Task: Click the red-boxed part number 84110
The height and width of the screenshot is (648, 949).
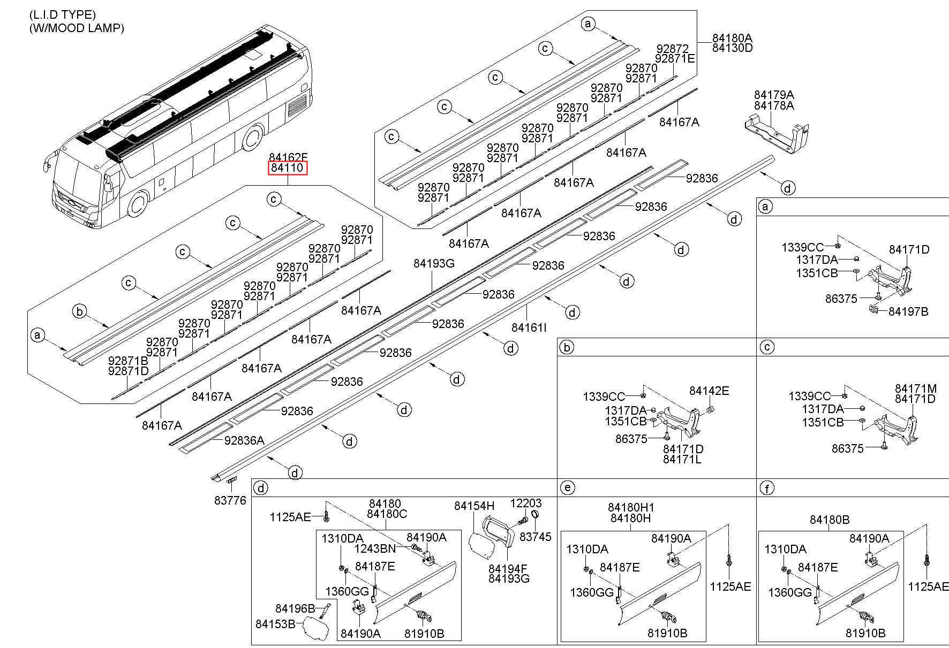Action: tap(288, 168)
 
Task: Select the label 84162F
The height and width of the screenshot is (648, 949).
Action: tap(288, 157)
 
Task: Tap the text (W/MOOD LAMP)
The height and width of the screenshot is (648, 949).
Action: tap(77, 28)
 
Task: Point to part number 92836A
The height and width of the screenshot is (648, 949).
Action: tap(244, 440)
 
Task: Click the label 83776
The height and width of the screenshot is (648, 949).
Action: tap(230, 500)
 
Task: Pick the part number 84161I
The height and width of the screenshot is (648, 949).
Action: tap(529, 327)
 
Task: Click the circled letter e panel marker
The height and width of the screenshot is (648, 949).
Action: tap(567, 487)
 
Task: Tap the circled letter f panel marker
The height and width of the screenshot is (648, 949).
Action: tap(767, 487)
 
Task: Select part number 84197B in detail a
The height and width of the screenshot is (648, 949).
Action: tap(908, 311)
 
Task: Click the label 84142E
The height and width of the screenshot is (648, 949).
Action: tap(709, 391)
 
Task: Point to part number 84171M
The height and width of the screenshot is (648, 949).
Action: tap(916, 388)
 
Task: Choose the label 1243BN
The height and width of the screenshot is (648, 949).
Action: tap(375, 548)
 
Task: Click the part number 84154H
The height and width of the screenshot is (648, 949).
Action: tap(474, 506)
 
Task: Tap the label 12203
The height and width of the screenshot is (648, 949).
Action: tap(525, 503)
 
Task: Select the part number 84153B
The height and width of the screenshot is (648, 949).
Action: tap(275, 624)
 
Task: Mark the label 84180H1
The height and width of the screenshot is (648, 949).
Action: tap(631, 507)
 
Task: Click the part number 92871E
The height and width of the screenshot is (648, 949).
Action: tap(675, 59)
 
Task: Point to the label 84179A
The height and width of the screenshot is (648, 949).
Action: tap(774, 95)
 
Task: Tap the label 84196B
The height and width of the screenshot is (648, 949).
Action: tap(295, 608)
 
